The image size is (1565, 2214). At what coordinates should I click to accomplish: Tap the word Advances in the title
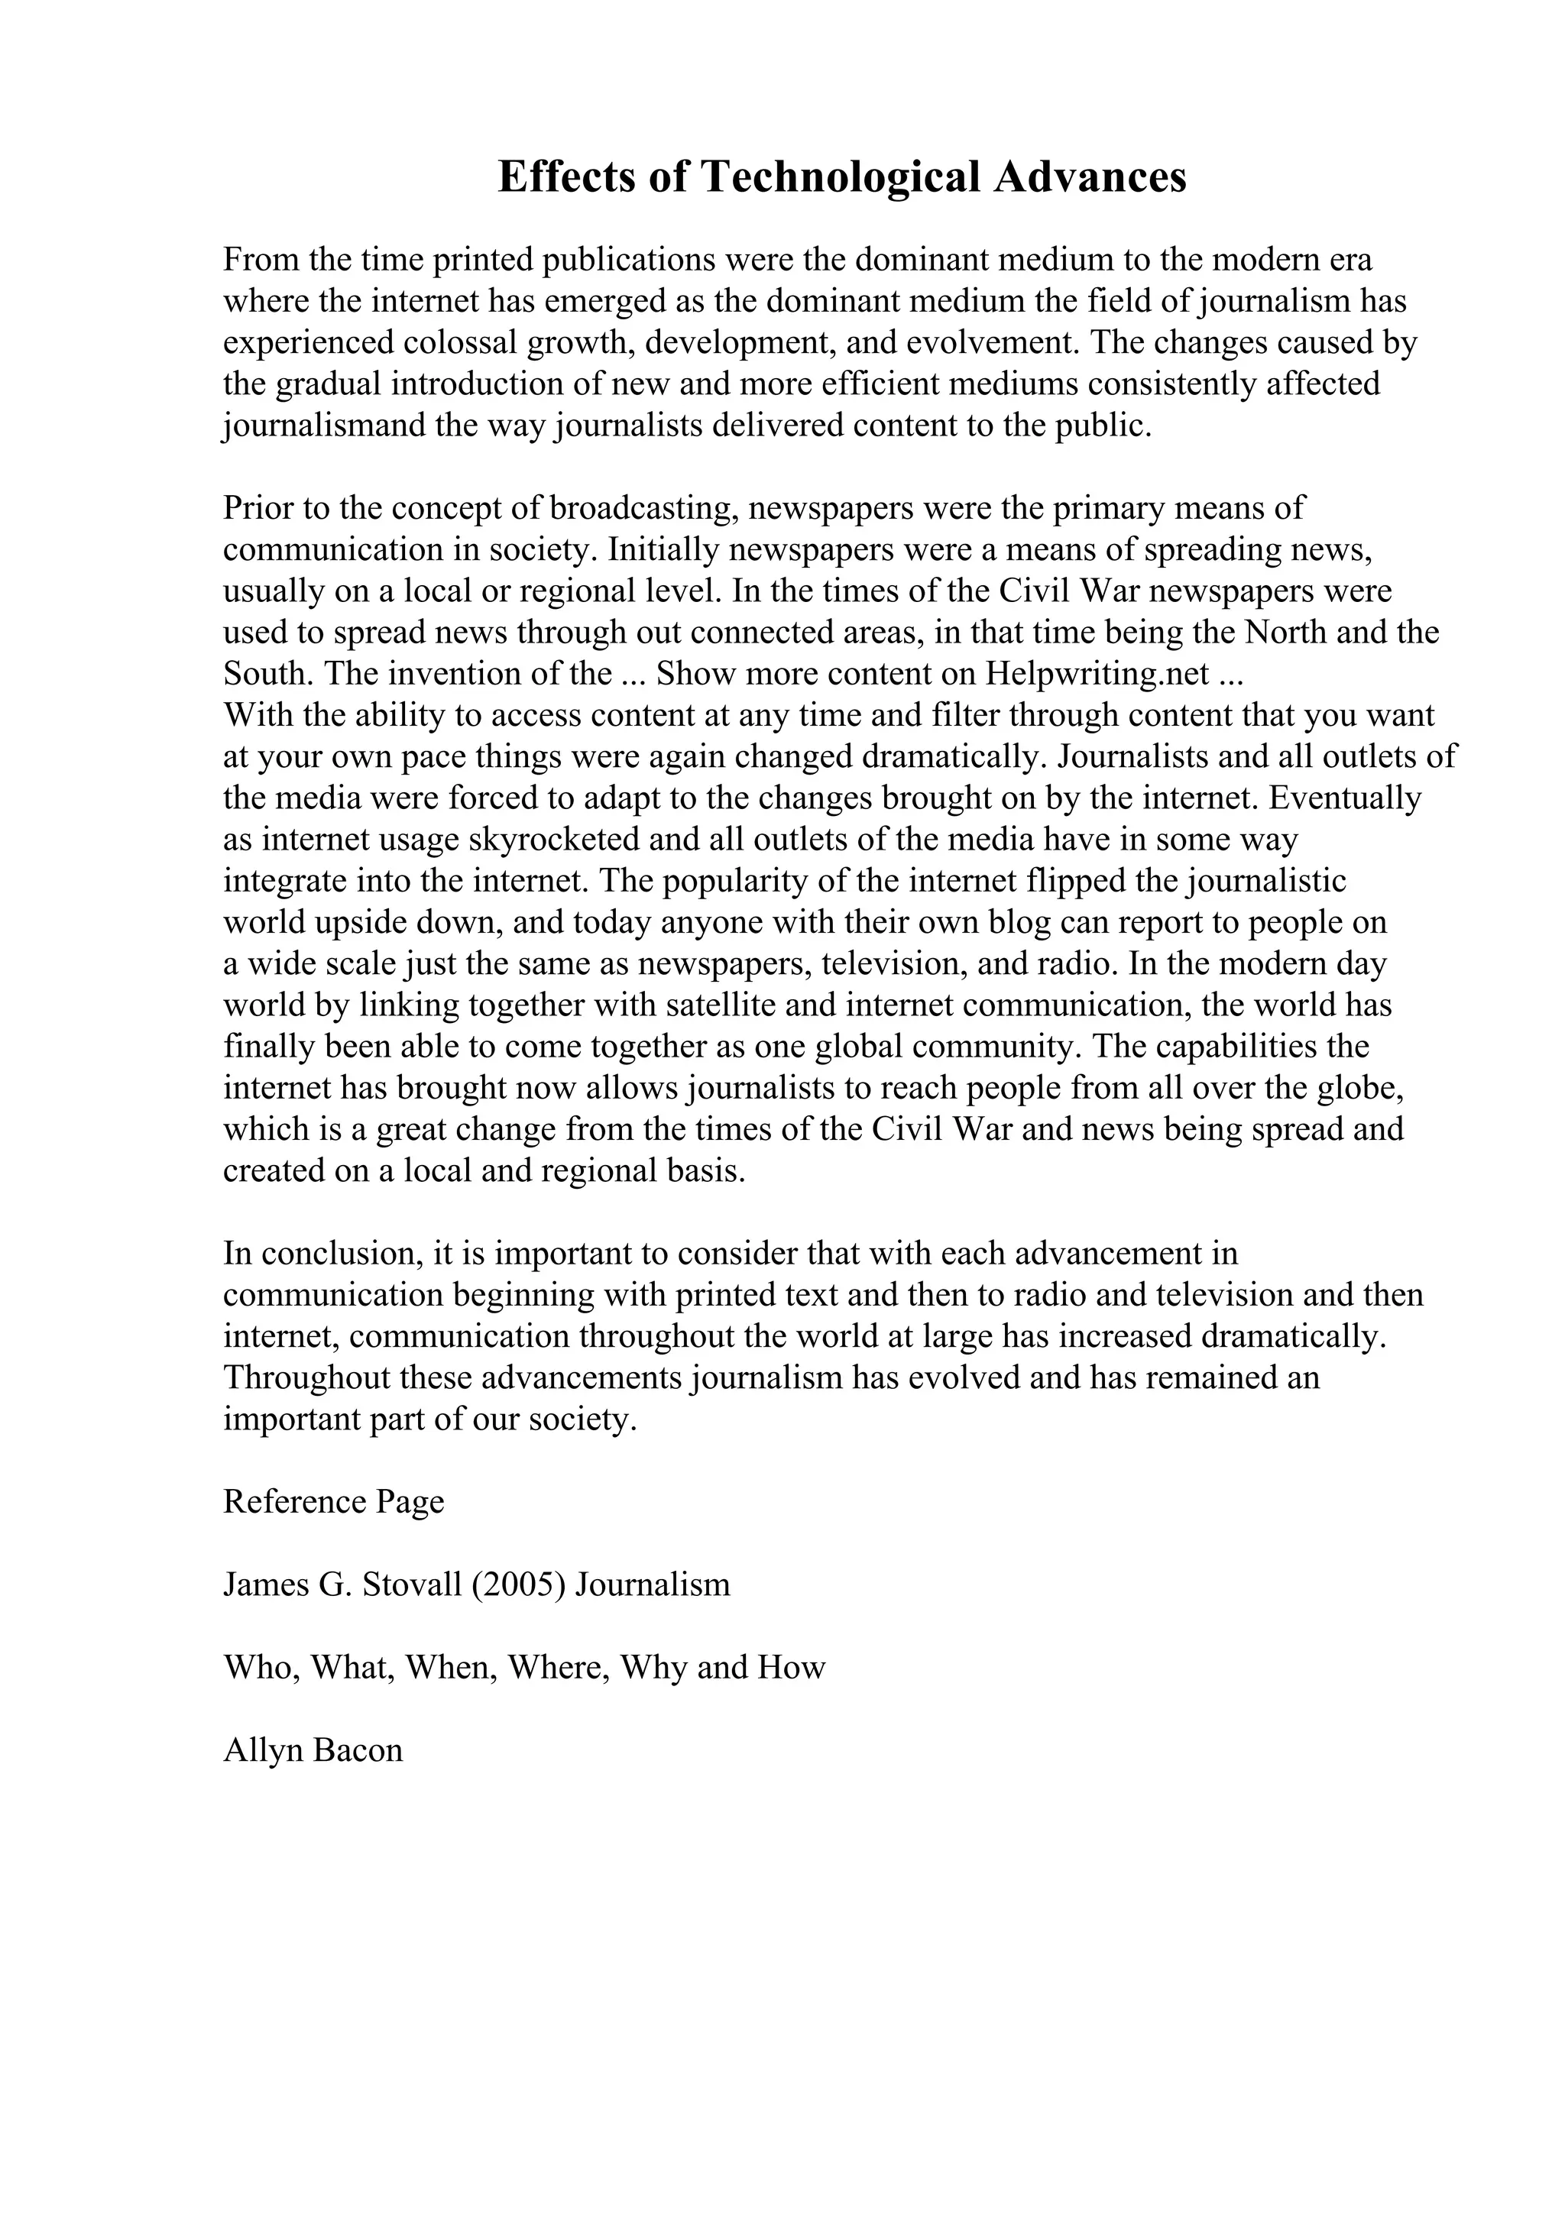[x=1090, y=177]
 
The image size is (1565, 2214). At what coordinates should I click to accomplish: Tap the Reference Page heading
[x=334, y=1501]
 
